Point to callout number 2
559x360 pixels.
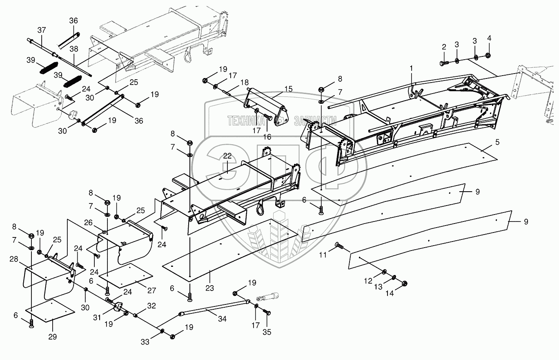click(x=443, y=47)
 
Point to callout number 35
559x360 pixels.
click(x=267, y=332)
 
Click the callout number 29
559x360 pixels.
click(x=53, y=337)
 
